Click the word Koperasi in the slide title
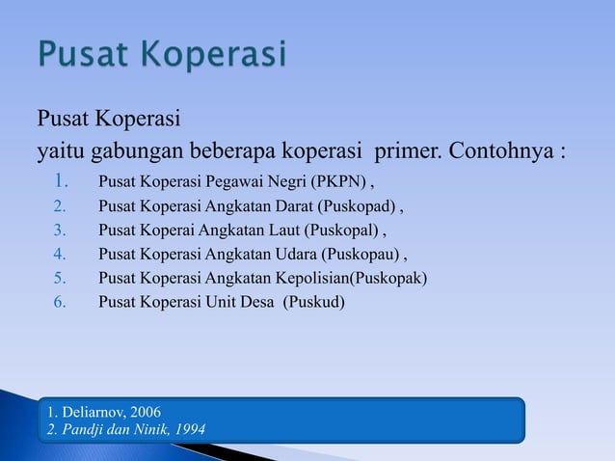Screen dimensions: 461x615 click(213, 55)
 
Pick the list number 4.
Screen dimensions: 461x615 click(59, 255)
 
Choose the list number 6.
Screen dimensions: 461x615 click(59, 303)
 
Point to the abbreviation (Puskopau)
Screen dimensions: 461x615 click(367, 255)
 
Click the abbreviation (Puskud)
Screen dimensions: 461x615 click(314, 303)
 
